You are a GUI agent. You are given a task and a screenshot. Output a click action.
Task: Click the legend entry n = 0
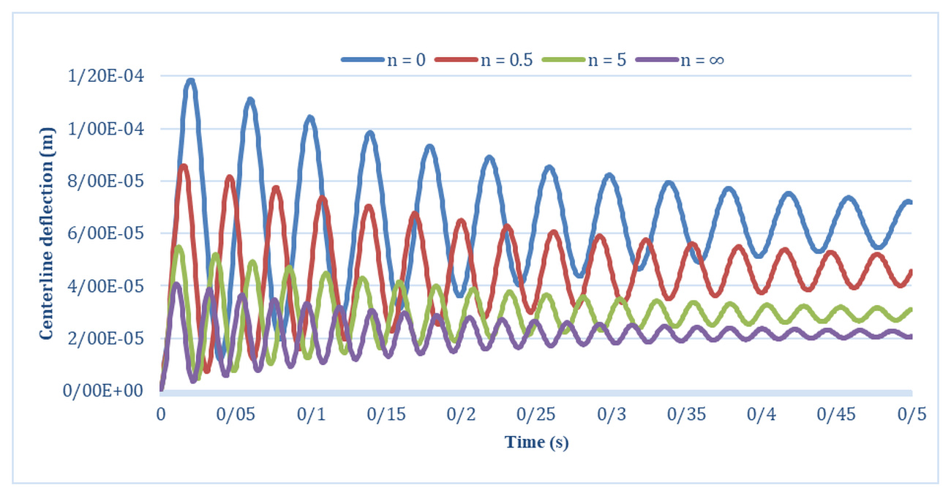coord(384,60)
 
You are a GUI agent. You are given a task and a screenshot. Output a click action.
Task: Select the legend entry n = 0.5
coord(484,60)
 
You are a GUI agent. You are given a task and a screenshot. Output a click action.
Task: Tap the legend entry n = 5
coord(584,60)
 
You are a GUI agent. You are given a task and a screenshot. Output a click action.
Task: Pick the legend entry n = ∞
coord(680,60)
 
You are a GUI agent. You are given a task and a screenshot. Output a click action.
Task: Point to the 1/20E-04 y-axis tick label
coord(106,76)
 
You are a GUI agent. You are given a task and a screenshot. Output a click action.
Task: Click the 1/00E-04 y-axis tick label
coord(106,129)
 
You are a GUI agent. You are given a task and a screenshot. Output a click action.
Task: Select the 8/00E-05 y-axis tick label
coord(106,181)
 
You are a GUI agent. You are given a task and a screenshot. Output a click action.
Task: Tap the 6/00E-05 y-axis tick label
coord(106,233)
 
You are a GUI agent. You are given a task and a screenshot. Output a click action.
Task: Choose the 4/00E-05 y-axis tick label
coord(106,286)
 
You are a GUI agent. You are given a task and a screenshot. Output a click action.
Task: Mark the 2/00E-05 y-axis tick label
coord(106,339)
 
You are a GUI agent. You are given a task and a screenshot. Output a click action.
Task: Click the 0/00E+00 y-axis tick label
coord(102,391)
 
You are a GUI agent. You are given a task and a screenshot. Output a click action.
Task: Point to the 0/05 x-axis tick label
coord(236,414)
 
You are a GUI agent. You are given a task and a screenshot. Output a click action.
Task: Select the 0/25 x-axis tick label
coord(535,414)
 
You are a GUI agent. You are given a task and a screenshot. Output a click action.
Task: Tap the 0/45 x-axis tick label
coord(836,414)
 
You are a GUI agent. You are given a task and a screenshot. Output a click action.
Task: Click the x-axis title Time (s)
coord(536,443)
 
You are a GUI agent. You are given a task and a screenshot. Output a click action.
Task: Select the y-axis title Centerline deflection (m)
coord(47,233)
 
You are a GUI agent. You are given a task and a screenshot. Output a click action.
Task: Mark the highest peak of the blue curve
coord(191,80)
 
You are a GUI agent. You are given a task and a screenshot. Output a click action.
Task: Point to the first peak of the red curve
coord(184,167)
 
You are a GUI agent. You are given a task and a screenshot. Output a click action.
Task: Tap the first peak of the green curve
coord(178,247)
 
